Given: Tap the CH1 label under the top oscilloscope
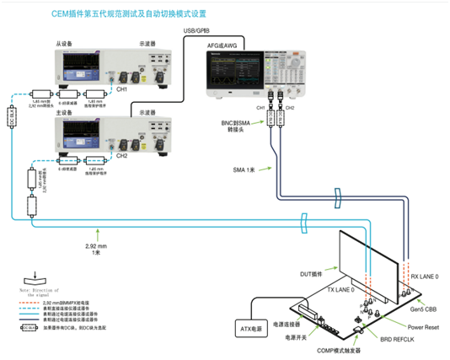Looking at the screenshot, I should pos(121,89).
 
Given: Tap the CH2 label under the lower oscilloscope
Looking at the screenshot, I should pos(121,155).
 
